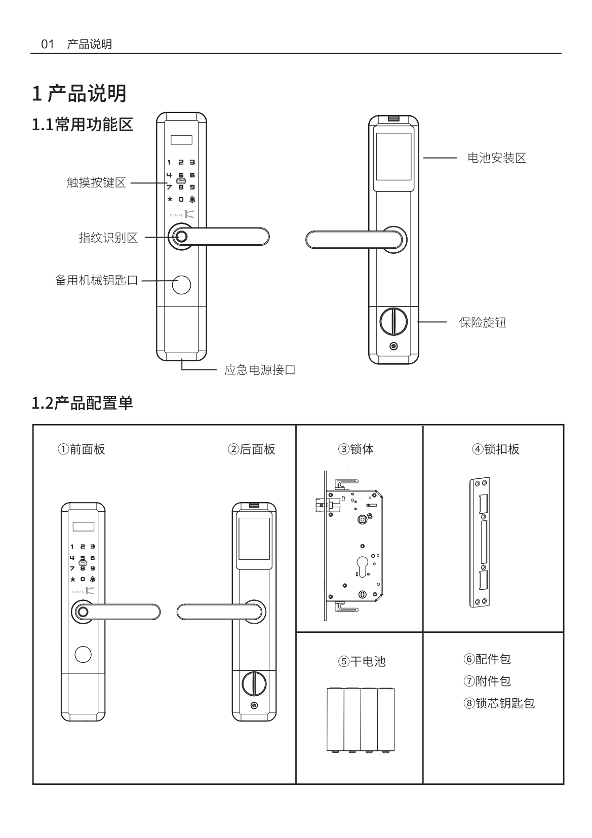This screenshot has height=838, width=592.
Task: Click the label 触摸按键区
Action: pos(96,183)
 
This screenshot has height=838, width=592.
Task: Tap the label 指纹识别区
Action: pos(108,238)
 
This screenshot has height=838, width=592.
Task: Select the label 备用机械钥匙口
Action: pos(96,280)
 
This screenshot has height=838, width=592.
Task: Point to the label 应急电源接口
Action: pos(260,370)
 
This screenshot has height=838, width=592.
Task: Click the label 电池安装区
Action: pos(496,158)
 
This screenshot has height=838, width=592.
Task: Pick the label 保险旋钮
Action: pos(482,323)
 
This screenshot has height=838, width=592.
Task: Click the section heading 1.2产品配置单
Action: pos(83,403)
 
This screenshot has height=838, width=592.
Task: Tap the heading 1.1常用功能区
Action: pos(83,124)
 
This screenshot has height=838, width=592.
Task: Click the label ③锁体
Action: pos(356,449)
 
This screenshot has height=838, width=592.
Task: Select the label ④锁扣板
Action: pos(496,449)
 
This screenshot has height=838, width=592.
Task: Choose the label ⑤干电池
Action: pos(362,661)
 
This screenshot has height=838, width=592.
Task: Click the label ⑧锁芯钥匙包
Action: pos(499,703)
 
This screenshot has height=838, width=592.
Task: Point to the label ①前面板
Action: pos(82,449)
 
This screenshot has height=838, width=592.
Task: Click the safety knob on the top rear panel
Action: pos(393,321)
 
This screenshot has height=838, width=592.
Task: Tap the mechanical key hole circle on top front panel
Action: pos(181,285)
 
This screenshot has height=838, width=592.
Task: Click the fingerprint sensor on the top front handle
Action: pos(181,237)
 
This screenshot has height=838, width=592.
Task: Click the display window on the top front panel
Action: pos(182,139)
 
